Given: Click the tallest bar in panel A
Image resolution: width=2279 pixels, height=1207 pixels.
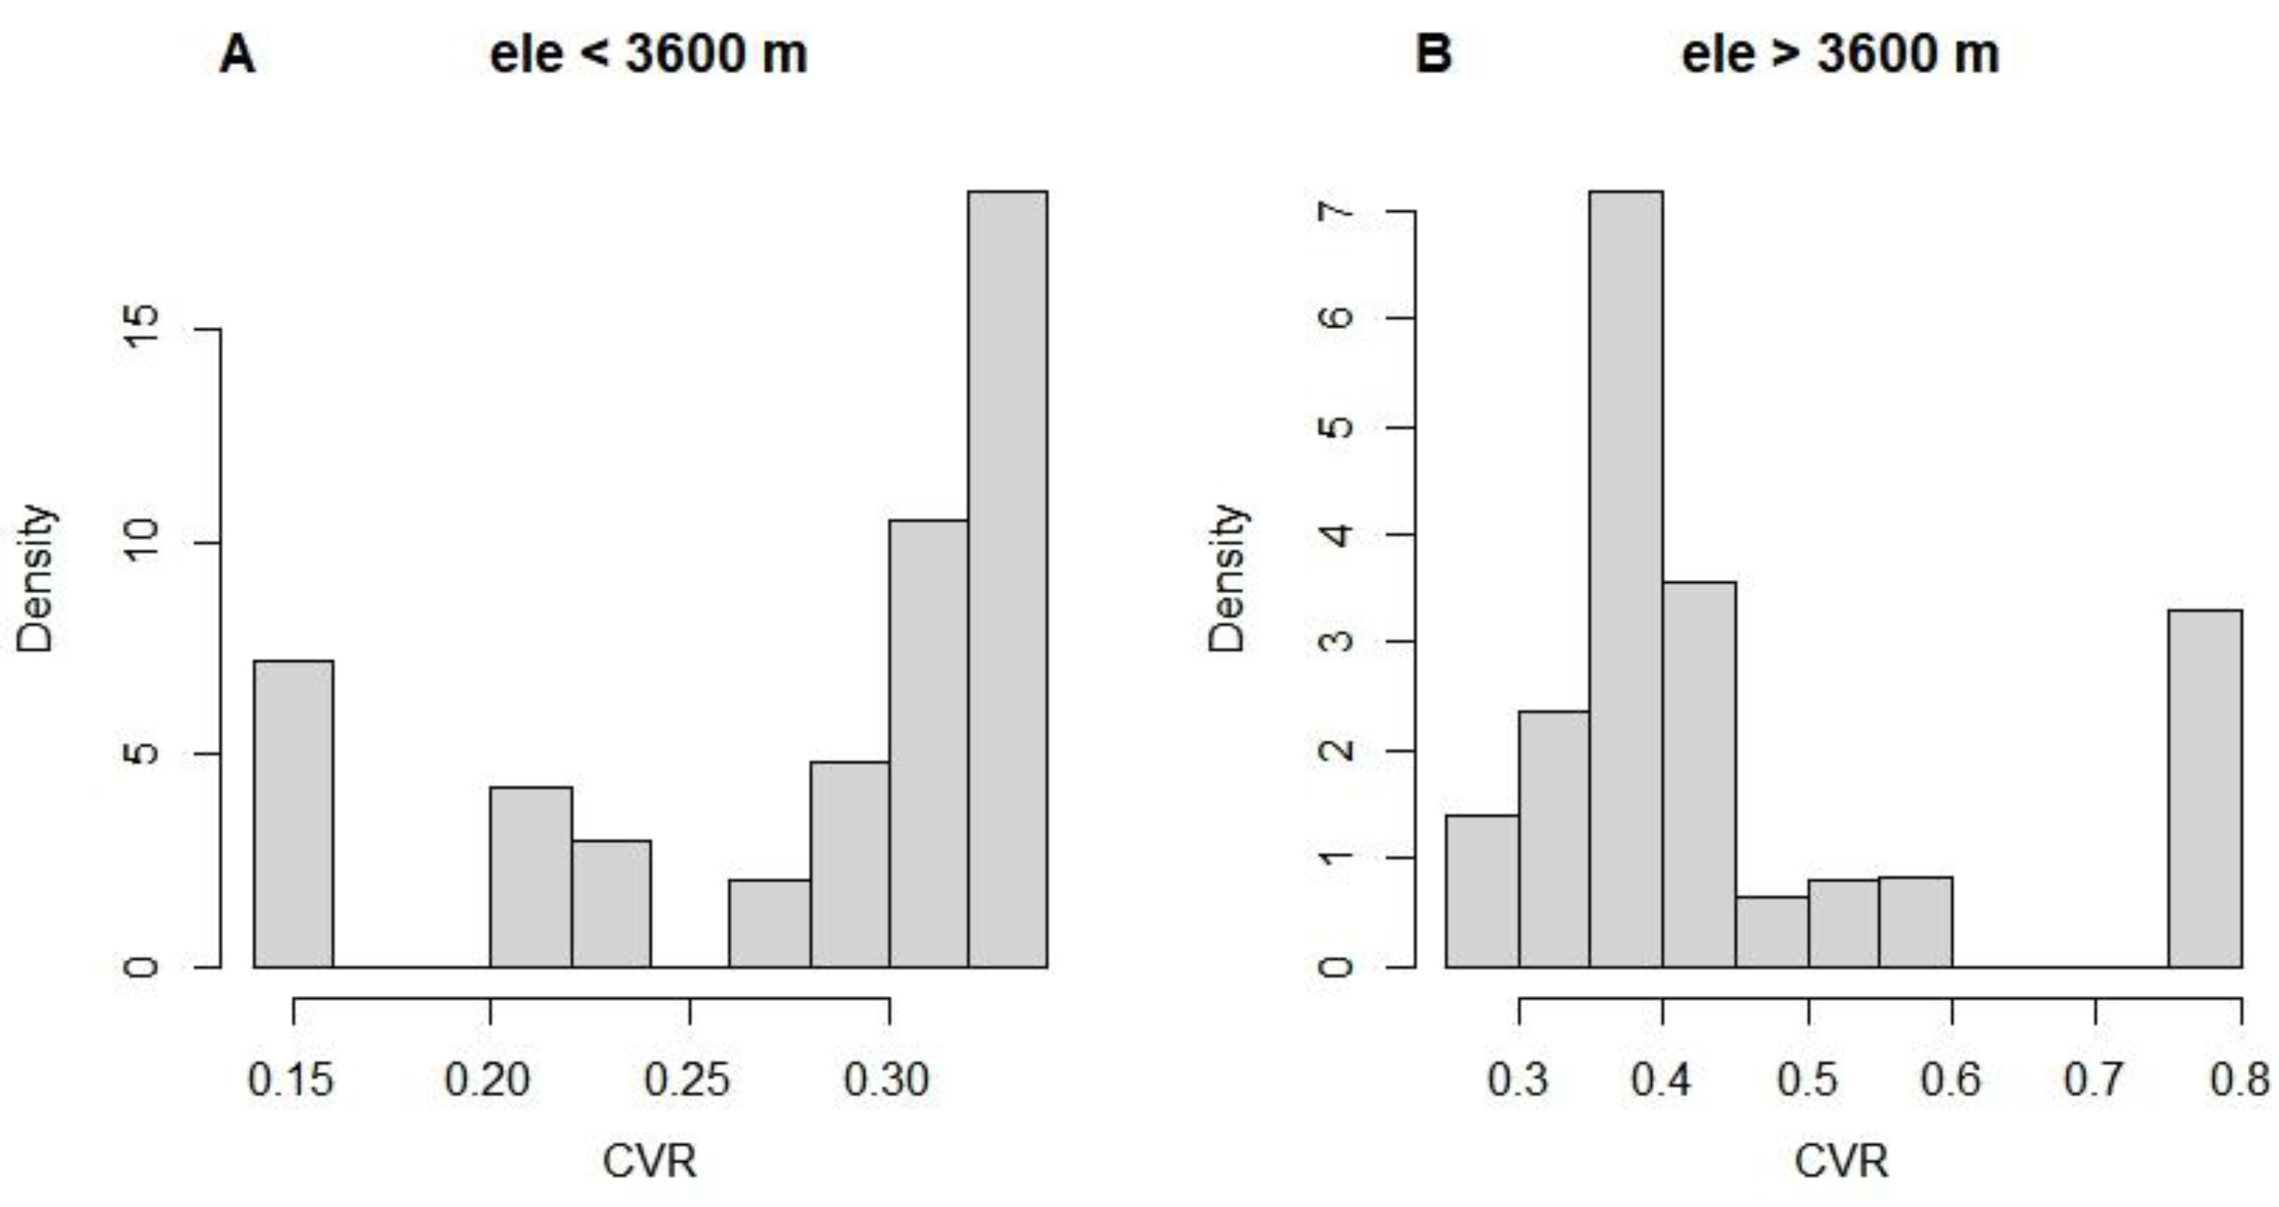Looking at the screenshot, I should point(1008,579).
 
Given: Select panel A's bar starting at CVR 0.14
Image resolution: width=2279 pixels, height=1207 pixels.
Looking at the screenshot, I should point(294,814).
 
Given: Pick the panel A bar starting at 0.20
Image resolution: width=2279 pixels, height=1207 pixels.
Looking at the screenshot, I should point(531,877).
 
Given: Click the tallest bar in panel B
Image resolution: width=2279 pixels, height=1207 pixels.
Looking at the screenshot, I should point(1626,579).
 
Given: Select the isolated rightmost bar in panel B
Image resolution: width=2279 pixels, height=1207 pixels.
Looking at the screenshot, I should point(2205,788).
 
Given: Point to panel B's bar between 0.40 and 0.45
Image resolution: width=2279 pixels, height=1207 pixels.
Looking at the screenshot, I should point(1699,775).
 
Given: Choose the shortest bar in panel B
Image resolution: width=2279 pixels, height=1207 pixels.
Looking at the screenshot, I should point(1771,932).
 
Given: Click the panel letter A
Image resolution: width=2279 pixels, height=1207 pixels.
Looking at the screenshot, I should point(237,55).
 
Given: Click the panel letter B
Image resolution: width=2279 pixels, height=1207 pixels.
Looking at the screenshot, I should point(1433,55).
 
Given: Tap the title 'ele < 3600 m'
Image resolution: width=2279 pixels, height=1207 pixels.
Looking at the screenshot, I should point(648,55).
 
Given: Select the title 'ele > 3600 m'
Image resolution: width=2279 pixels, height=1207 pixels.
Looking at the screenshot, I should point(1840,55).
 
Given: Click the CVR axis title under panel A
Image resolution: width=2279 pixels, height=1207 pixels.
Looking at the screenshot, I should point(649,1160).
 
